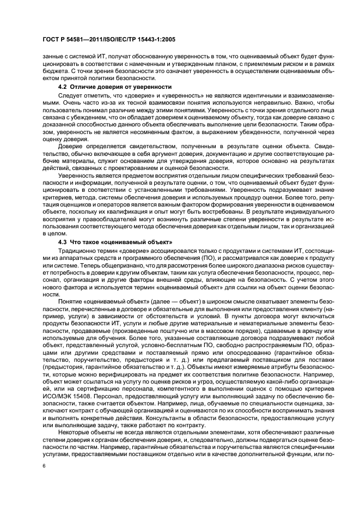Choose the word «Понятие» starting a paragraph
(x=71, y=302)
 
